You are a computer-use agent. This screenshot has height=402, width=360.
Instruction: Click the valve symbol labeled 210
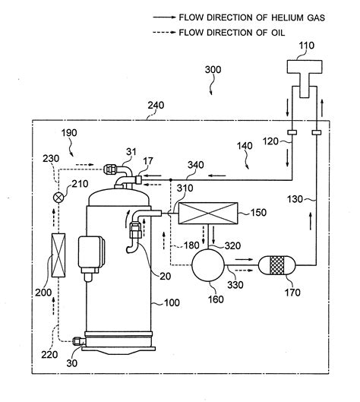(58, 198)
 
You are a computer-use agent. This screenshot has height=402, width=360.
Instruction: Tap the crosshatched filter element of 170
(277, 265)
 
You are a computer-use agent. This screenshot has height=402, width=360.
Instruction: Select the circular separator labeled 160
(208, 265)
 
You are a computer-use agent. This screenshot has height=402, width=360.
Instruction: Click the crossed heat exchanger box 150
(208, 213)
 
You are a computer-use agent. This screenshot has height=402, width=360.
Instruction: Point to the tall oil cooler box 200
(58, 255)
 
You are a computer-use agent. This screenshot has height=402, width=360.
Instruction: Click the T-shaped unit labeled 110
(304, 78)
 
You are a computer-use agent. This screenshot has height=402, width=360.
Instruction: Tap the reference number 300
(213, 69)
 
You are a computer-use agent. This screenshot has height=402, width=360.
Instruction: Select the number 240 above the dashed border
(156, 105)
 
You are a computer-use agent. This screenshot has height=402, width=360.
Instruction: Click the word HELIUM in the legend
(283, 17)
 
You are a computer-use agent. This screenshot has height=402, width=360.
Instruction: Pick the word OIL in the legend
(278, 33)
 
